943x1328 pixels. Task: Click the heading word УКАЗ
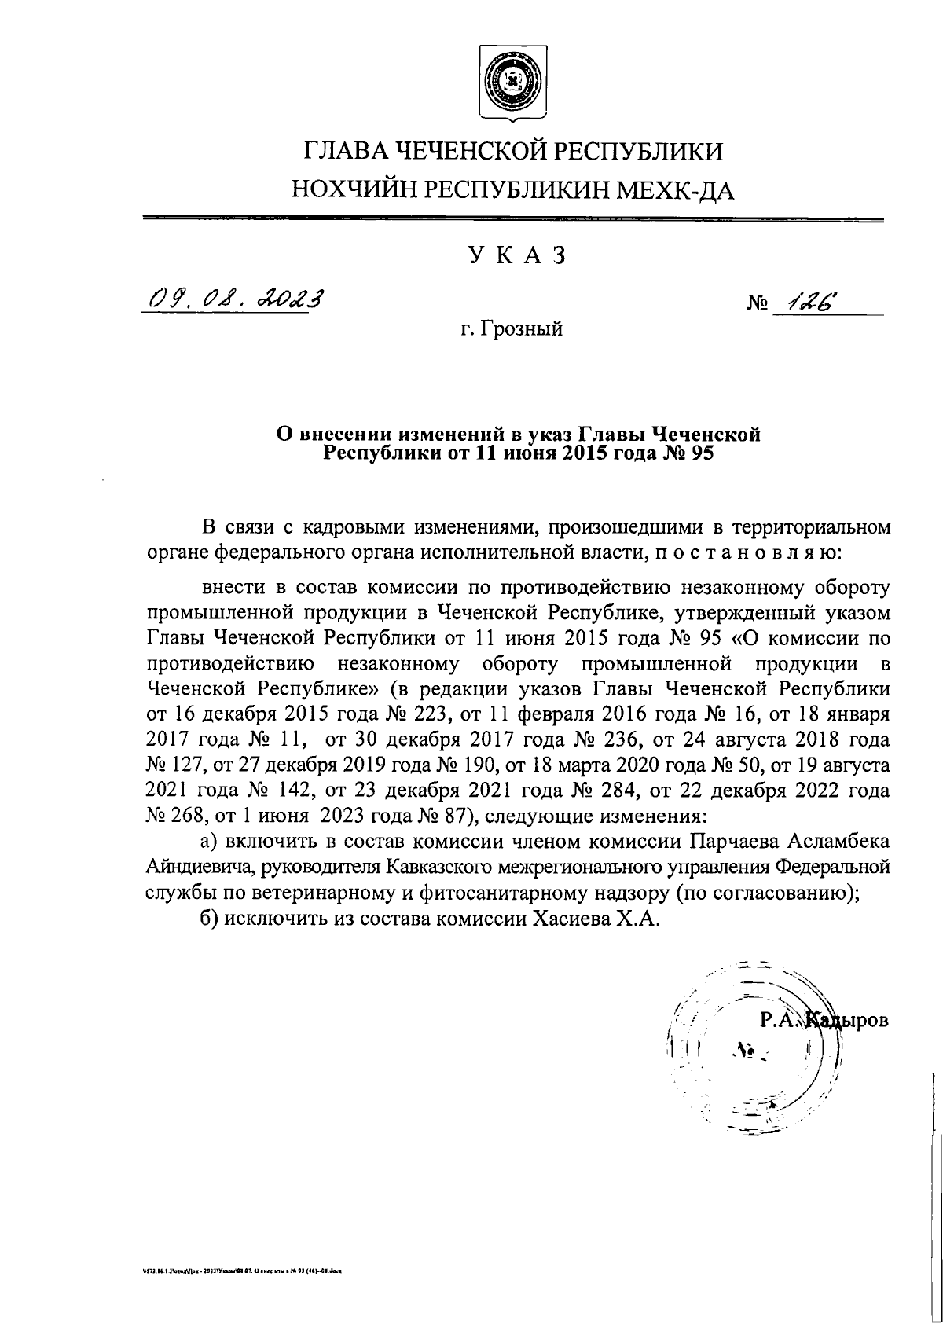(516, 256)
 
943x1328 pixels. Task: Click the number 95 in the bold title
(699, 453)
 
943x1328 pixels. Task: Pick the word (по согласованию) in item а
(770, 893)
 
